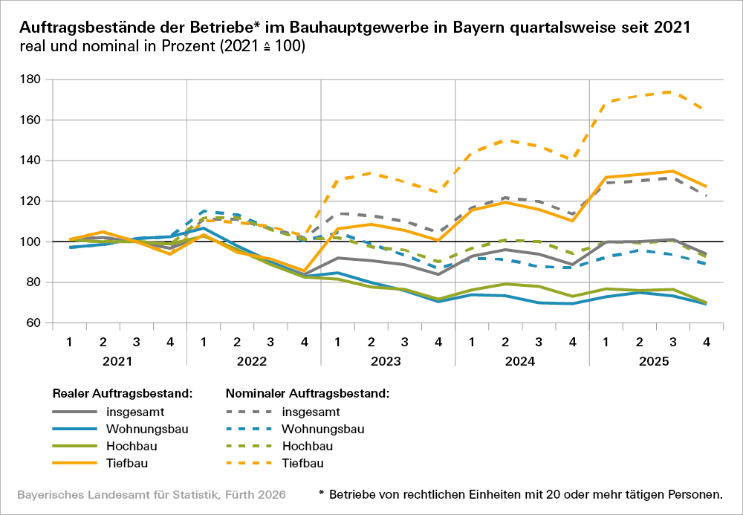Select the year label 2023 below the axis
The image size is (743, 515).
tap(387, 362)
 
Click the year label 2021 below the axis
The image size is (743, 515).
tap(118, 362)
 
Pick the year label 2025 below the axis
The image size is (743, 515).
tap(656, 362)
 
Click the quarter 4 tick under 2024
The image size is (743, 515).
tap(572, 343)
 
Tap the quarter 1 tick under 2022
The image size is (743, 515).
tap(203, 343)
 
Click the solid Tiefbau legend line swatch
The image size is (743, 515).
tap(76, 463)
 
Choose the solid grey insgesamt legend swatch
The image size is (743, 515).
tap(76, 412)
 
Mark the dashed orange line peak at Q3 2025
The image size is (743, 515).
tap(672, 92)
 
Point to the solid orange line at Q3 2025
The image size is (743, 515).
tap(672, 171)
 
